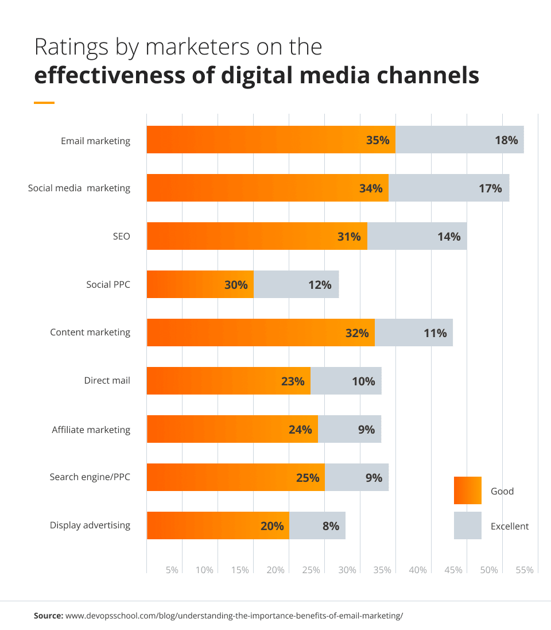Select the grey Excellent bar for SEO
tap(417, 236)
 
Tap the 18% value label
tap(506, 140)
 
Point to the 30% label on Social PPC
tap(236, 284)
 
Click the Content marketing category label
tap(90, 332)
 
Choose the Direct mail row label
tap(107, 380)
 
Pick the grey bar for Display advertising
tap(317, 525)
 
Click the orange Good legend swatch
tap(467, 490)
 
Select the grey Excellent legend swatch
tap(467, 525)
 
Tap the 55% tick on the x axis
tap(524, 570)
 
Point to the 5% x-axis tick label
tap(172, 570)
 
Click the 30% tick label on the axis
tap(347, 570)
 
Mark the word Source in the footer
tap(48, 616)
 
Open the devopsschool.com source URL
tap(234, 616)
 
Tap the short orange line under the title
tap(44, 103)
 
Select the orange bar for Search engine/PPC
tap(235, 477)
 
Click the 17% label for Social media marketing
tap(490, 188)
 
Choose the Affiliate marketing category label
tap(91, 430)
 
